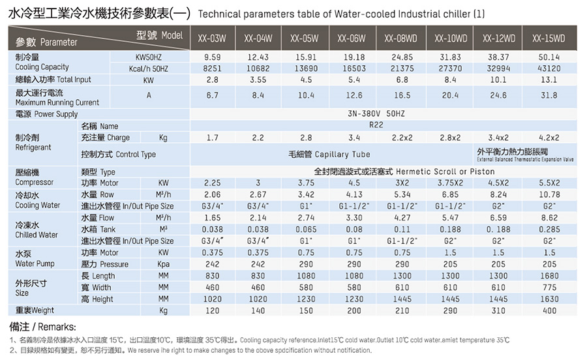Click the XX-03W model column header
tap(212, 38)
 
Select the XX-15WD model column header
tap(549, 38)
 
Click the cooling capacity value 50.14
tap(549, 57)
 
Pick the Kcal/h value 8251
tap(212, 68)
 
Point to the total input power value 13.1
tap(549, 80)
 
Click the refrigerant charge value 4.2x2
tap(549, 138)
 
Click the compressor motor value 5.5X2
tap(549, 183)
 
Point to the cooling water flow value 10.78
tap(549, 194)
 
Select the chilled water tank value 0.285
tap(549, 229)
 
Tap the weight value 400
tap(549, 310)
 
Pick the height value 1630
tap(549, 299)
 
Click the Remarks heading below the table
tap(42, 326)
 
